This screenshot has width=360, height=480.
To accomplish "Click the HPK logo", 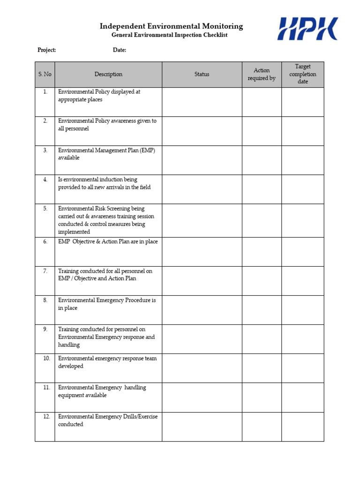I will click(307, 29).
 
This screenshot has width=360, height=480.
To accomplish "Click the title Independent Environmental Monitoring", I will click(171, 26).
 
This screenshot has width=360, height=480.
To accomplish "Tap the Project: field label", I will click(47, 50).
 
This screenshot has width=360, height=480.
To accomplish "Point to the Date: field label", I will click(120, 50).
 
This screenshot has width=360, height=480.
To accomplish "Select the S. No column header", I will click(45, 75).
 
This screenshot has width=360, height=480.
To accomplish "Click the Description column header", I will click(108, 75).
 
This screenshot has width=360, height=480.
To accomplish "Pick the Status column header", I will click(202, 75).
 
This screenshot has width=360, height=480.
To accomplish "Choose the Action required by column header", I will click(262, 75).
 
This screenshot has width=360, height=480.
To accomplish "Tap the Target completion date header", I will click(303, 75).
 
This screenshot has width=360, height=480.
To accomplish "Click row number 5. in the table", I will click(45, 209).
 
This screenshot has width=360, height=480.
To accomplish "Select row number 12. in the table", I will click(46, 417).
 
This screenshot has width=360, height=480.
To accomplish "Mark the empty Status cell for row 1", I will click(202, 102).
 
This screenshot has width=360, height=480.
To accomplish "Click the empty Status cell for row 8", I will click(202, 310).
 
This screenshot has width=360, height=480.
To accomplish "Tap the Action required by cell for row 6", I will click(262, 252).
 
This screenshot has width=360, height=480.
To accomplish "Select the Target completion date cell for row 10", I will click(303, 368).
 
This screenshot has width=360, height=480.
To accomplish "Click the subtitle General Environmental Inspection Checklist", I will click(169, 36).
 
